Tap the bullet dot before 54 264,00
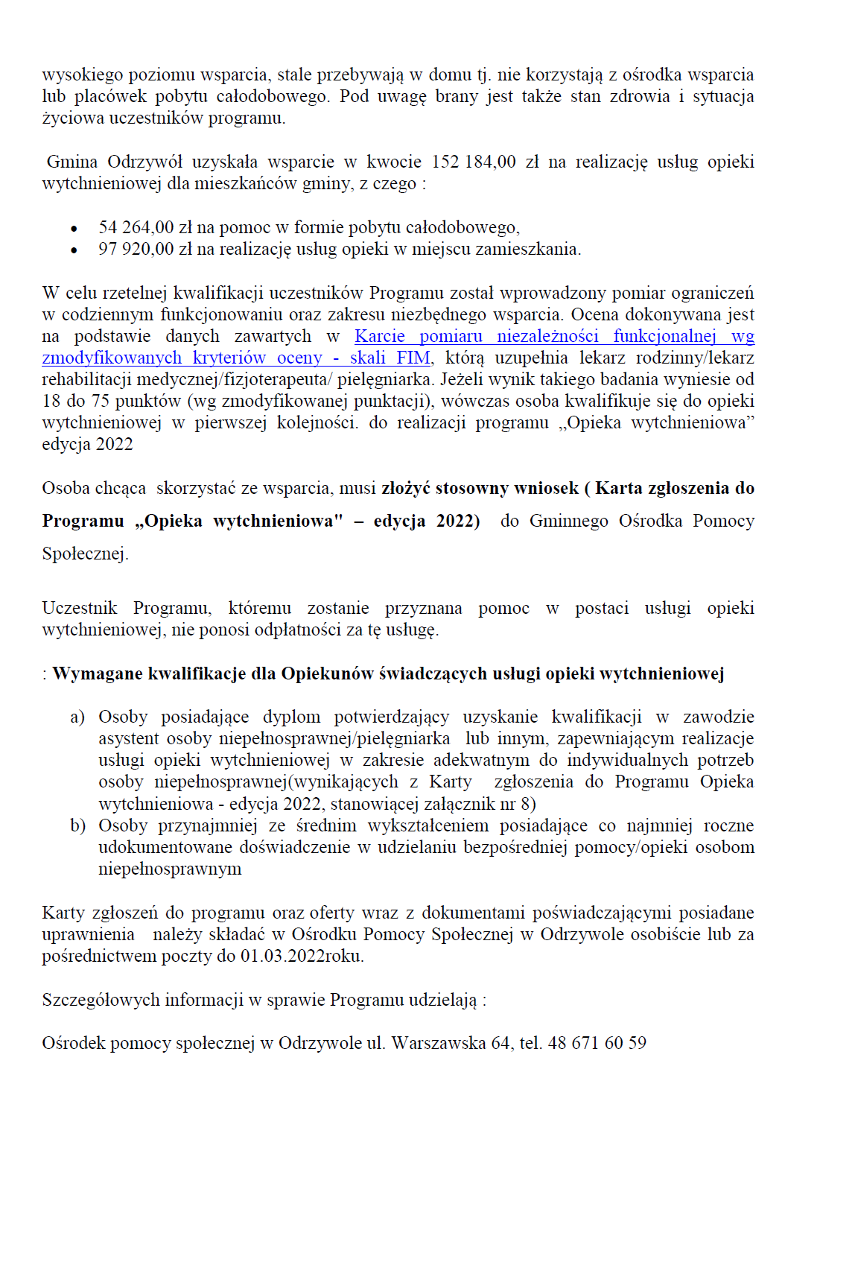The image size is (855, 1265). click(x=74, y=229)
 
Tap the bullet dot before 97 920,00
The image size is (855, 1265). click(x=74, y=250)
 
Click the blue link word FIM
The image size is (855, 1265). click(x=413, y=358)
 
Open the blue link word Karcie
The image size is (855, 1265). click(x=380, y=337)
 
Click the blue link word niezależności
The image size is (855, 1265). click(x=547, y=337)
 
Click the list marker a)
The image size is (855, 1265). click(x=77, y=717)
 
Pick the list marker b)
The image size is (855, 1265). click(x=77, y=826)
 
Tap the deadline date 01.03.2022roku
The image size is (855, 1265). click(x=302, y=957)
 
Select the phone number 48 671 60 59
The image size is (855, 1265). click(x=597, y=1044)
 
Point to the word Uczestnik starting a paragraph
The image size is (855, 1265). click(x=80, y=609)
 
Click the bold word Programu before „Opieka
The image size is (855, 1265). click(x=83, y=521)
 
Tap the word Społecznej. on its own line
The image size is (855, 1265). click(x=85, y=554)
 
